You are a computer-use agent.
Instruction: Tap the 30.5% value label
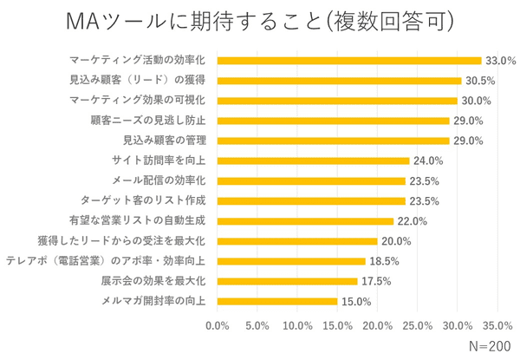pyautogui.click(x=479, y=81)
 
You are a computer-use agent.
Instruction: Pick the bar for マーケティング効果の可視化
pyautogui.click(x=337, y=101)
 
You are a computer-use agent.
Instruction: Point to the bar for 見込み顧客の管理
pyautogui.click(x=333, y=141)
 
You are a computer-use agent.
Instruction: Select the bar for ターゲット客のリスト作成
pyautogui.click(x=311, y=200)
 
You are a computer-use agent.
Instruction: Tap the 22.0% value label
pyautogui.click(x=413, y=221)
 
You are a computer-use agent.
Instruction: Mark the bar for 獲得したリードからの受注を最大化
pyautogui.click(x=297, y=241)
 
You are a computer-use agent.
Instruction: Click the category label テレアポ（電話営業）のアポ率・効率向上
pyautogui.click(x=106, y=261)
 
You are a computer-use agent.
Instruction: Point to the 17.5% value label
pyautogui.click(x=377, y=281)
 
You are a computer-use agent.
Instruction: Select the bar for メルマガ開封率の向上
pyautogui.click(x=277, y=301)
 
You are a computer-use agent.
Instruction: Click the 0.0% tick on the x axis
pyautogui.click(x=217, y=326)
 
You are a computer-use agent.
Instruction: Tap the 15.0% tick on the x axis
pyautogui.click(x=337, y=326)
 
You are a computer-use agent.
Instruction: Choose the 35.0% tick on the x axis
pyautogui.click(x=497, y=326)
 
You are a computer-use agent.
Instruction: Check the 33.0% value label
pyautogui.click(x=501, y=61)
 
